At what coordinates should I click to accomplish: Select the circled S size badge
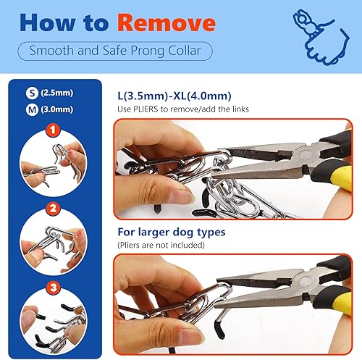click(32, 93)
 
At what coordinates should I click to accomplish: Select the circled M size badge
click(32, 110)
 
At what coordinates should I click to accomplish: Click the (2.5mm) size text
click(58, 93)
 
